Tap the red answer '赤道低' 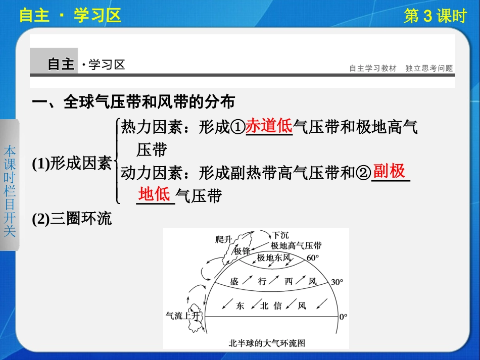[269, 126]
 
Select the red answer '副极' [390, 172]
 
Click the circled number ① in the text [237, 128]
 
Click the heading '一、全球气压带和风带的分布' [133, 102]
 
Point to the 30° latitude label [337, 282]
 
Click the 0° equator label [343, 317]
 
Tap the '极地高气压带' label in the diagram [296, 246]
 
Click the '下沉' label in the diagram [281, 235]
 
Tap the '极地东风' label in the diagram [274, 258]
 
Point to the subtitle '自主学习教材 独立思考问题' [401, 68]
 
